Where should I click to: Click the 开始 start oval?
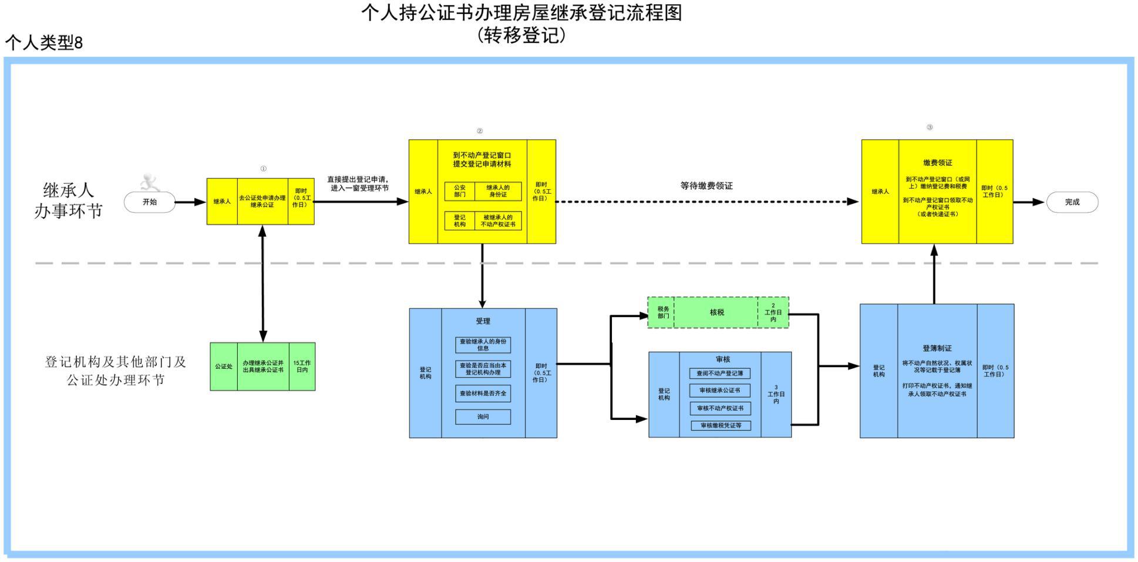point(150,202)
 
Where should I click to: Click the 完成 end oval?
point(1072,202)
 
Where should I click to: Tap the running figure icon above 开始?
point(150,182)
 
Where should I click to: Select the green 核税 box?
point(716,312)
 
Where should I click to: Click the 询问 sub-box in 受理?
point(483,417)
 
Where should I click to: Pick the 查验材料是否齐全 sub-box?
point(483,393)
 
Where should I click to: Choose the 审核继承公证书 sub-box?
point(720,391)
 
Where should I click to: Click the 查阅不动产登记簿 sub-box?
point(720,373)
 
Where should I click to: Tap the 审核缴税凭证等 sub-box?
point(720,426)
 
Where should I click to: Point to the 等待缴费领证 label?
point(706,186)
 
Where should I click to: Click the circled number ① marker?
point(263,169)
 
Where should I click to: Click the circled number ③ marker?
point(930,127)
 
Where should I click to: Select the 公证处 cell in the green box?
point(224,366)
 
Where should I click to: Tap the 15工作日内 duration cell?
point(302,366)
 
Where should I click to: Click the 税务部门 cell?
point(663,312)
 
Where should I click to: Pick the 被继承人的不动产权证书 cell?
point(498,221)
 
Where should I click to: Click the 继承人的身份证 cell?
point(498,191)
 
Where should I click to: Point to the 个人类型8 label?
point(44,42)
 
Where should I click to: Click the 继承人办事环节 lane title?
point(68,200)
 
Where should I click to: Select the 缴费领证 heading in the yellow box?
point(937,163)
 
